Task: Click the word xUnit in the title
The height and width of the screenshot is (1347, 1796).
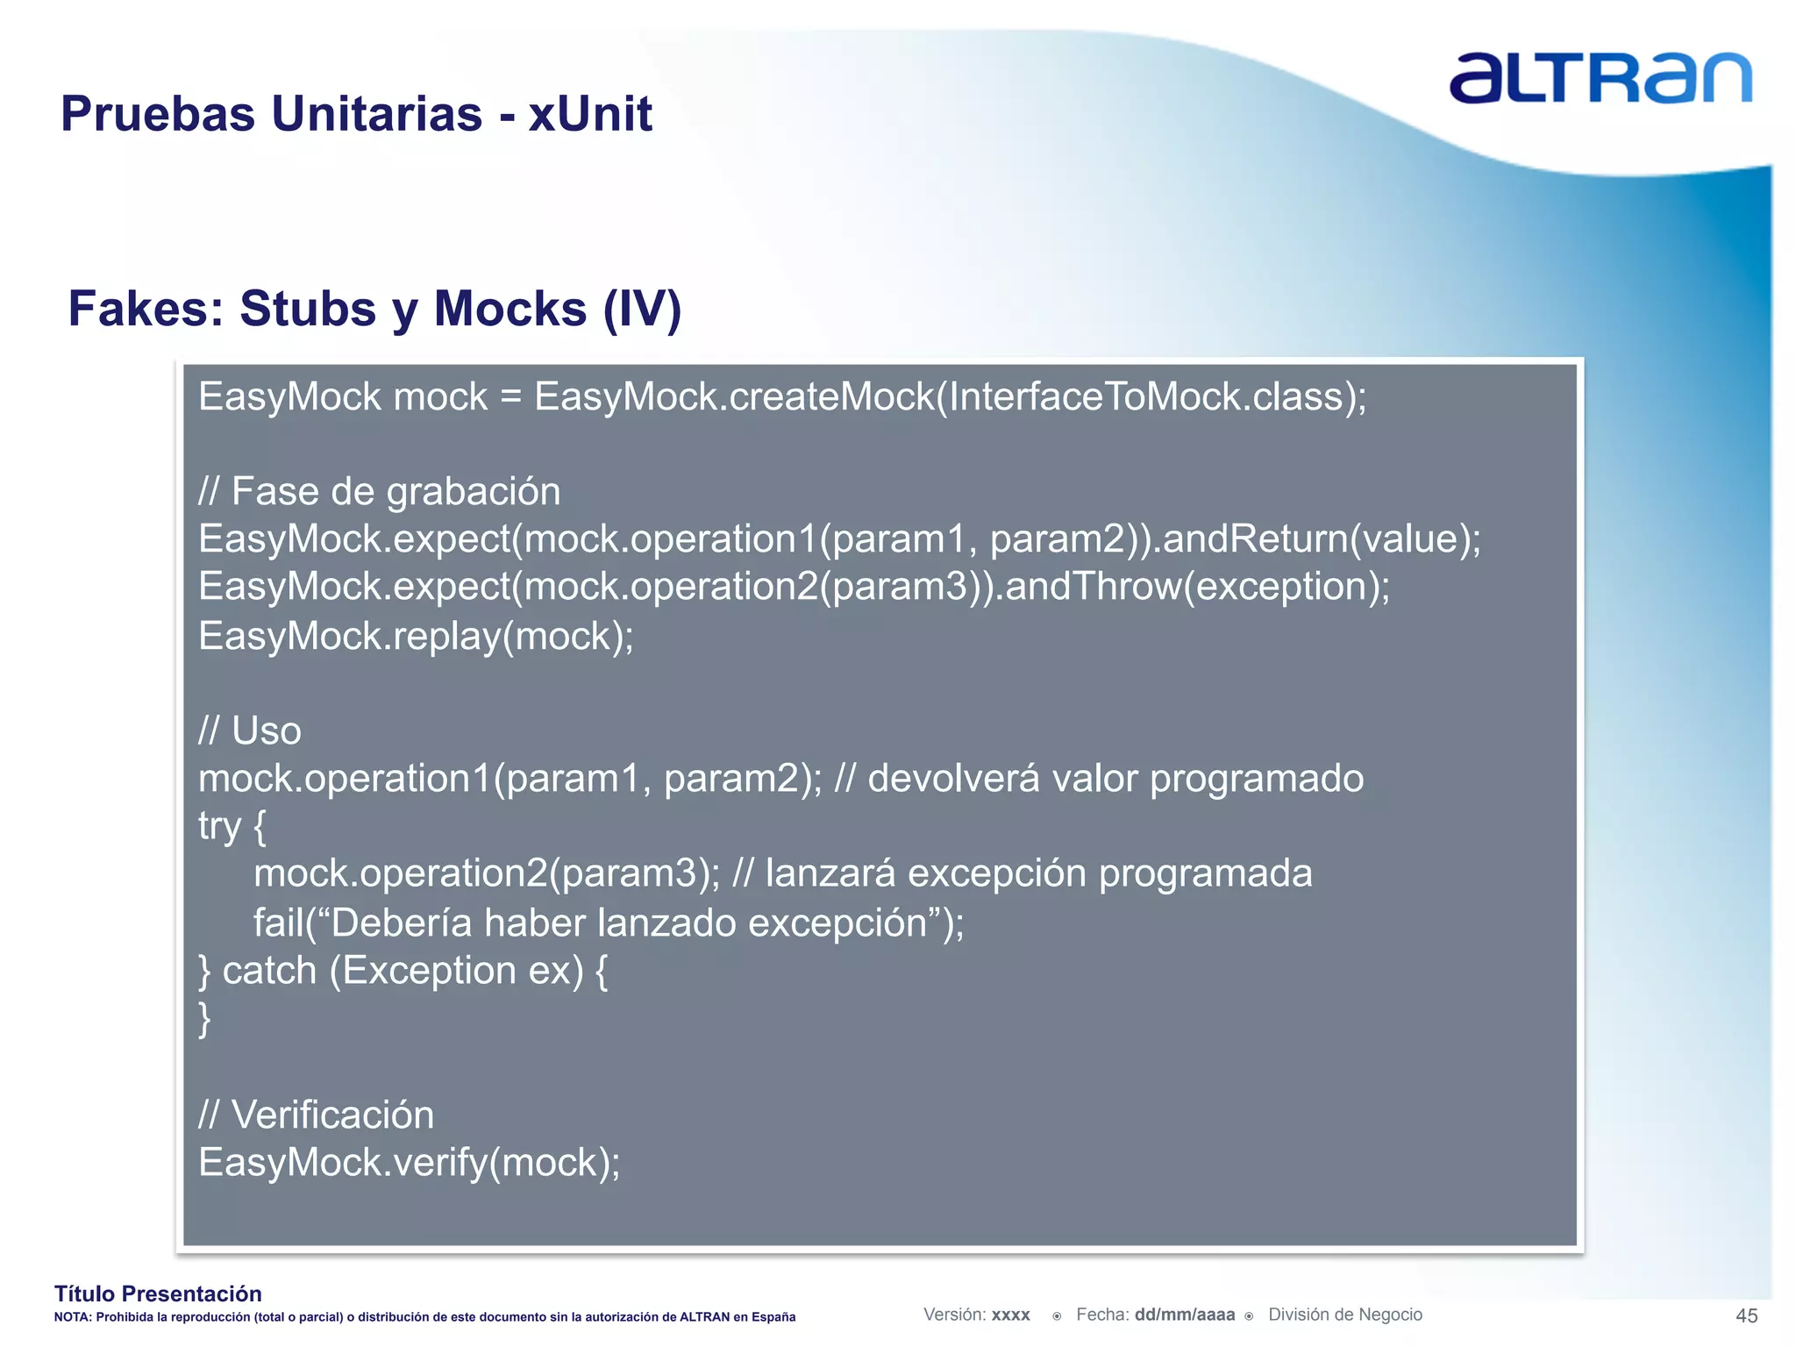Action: tap(589, 114)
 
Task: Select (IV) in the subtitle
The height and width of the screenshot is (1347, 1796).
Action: tap(642, 309)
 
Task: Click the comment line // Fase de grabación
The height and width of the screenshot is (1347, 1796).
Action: tap(379, 491)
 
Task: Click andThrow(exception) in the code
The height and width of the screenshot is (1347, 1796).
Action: tap(1196, 586)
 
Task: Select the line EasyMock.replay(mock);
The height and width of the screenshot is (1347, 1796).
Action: tap(416, 636)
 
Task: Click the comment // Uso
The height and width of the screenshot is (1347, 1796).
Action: tap(250, 731)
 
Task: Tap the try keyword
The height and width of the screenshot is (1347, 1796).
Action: tap(218, 826)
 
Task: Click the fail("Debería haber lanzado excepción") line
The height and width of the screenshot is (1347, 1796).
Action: tap(609, 923)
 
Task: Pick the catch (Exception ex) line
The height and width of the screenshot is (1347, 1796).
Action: tap(403, 971)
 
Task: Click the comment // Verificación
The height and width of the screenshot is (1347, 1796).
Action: tap(316, 1115)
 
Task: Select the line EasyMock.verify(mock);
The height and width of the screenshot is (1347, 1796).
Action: tap(409, 1163)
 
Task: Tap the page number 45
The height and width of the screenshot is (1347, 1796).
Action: tap(1746, 1315)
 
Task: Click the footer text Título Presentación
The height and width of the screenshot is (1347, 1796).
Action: tap(158, 1294)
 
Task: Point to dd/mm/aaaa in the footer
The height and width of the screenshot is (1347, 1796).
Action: tap(1184, 1315)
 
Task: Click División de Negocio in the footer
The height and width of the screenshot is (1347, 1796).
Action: tap(1344, 1315)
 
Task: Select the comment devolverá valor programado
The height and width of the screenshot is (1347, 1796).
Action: tap(1115, 779)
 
